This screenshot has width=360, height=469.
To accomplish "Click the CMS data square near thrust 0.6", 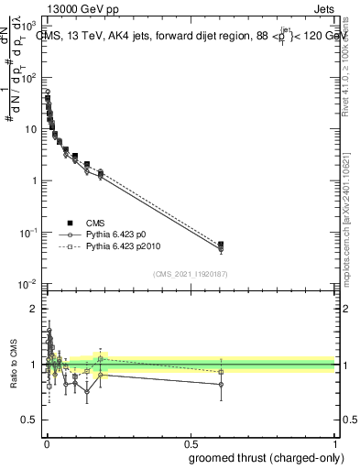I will pyautogui.click(x=221, y=245).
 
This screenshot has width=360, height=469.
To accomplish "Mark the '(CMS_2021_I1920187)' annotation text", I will pyautogui.click(x=191, y=273).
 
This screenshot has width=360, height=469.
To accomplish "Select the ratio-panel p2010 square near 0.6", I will pyautogui.click(x=221, y=372).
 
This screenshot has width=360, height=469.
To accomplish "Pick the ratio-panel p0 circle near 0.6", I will pyautogui.click(x=221, y=385).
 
